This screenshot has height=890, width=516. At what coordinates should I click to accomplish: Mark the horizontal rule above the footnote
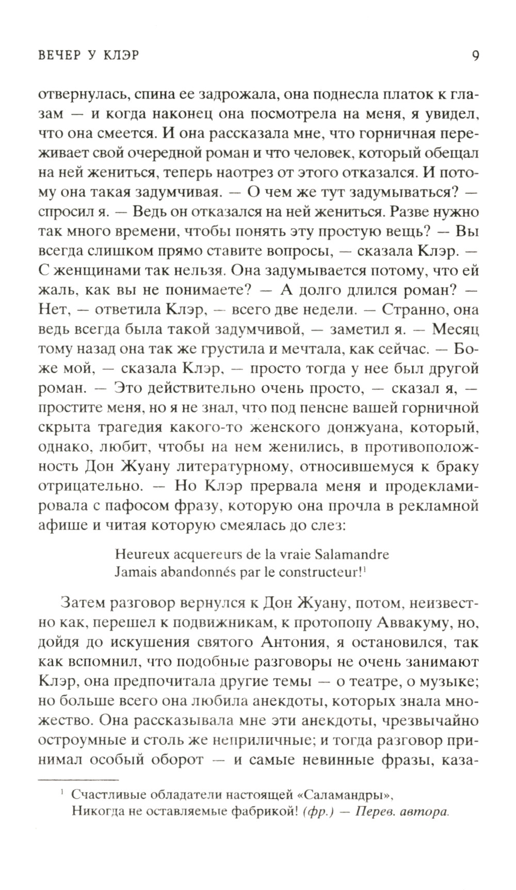pos(79,780)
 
